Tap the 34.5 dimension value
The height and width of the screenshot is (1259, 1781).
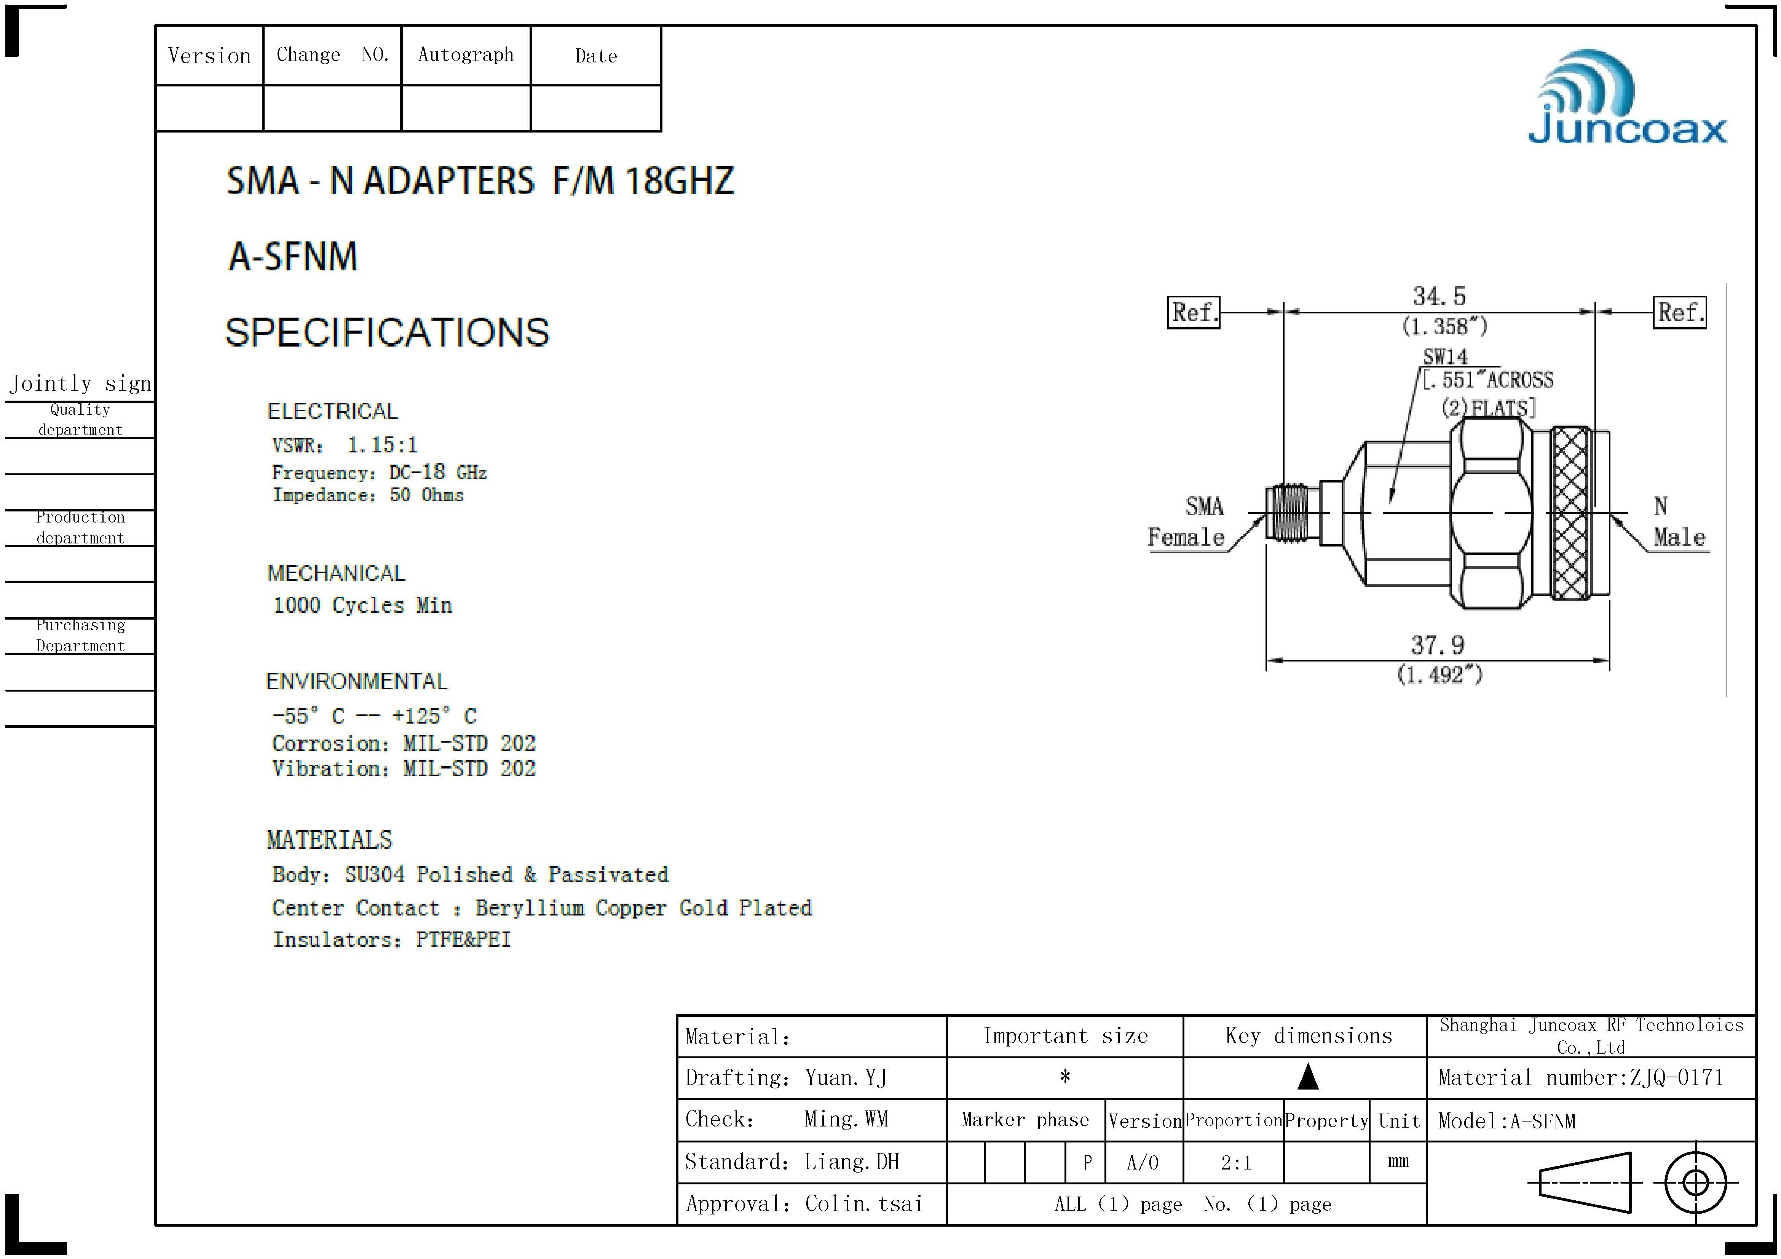click(x=1439, y=296)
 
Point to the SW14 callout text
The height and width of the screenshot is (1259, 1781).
click(x=1445, y=357)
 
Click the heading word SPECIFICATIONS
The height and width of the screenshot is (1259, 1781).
click(x=387, y=333)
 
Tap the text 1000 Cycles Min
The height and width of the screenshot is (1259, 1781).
click(x=362, y=605)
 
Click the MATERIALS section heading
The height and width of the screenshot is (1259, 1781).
click(x=330, y=840)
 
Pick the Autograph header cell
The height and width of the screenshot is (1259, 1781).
click(x=465, y=55)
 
